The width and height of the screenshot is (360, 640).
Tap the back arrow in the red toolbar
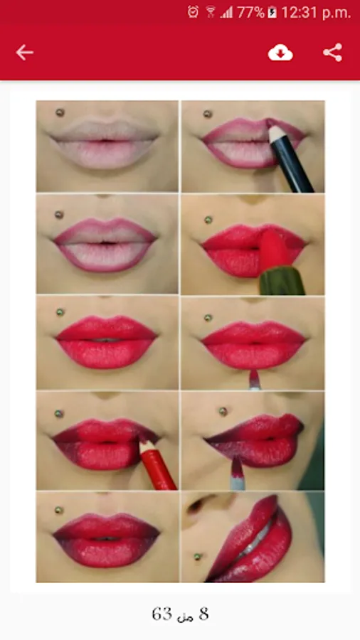tap(24, 53)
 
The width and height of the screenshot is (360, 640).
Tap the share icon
tap(333, 53)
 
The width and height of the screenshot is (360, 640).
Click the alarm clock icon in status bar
tap(193, 12)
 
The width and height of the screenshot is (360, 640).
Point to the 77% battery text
tap(250, 13)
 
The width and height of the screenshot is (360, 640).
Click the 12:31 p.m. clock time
tap(316, 13)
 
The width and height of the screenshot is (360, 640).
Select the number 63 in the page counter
tap(162, 614)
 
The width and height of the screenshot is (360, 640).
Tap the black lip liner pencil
tap(290, 159)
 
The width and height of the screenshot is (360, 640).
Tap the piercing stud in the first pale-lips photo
tap(60, 112)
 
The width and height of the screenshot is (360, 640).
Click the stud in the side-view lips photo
tap(198, 556)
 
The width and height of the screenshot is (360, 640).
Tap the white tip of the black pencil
tap(275, 133)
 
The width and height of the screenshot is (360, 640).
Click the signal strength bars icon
tap(227, 13)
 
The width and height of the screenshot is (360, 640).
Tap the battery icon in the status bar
tap(272, 12)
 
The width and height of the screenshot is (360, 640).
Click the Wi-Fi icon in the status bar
tap(211, 12)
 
